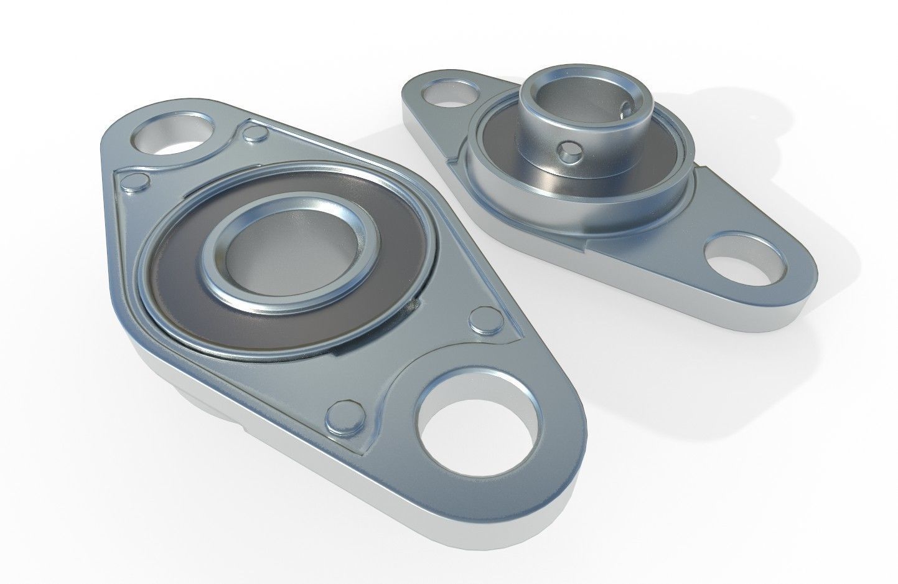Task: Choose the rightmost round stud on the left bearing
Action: coord(482,319)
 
